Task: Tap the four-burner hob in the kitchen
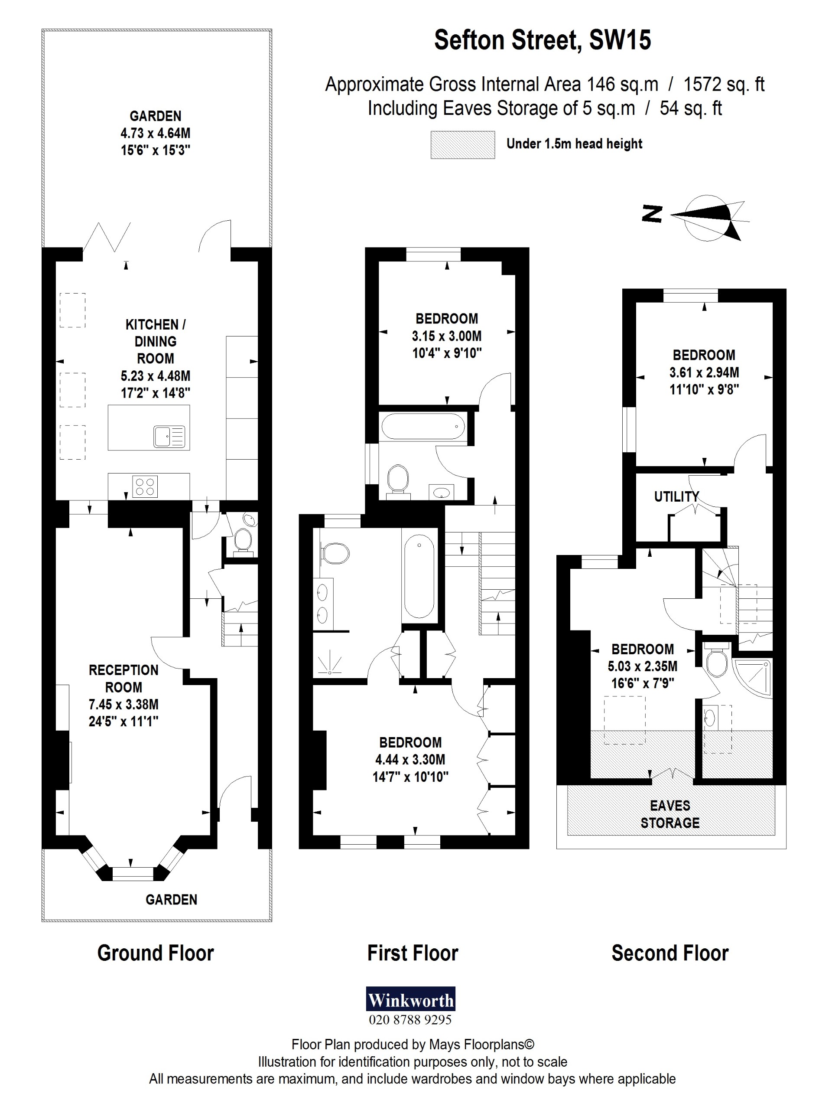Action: [145, 486]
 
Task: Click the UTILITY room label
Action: [676, 497]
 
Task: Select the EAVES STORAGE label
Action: [669, 814]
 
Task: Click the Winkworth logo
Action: [410, 1001]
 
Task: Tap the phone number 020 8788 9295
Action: [410, 1020]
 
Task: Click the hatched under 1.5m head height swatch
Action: [462, 145]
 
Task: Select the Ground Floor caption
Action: [156, 953]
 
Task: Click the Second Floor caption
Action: [669, 953]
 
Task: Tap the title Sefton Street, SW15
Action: [542, 40]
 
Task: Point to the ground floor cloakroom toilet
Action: [243, 540]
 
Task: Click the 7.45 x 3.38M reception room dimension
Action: [123, 704]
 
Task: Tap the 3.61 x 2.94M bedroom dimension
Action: [704, 372]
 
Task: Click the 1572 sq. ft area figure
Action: [724, 84]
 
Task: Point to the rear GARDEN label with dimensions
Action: [156, 133]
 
